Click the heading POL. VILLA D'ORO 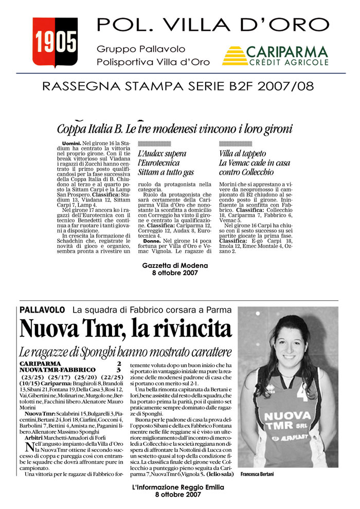point(212,24)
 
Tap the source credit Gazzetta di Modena point(175,265)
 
